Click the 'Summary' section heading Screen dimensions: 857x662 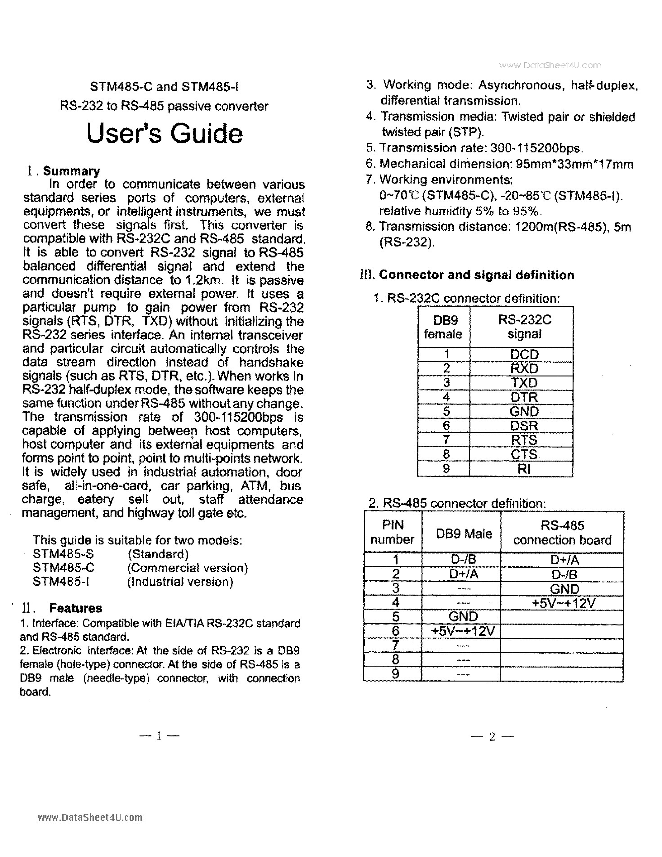point(71,171)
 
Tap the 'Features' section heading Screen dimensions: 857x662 point(75,608)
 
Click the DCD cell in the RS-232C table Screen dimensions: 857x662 point(524,354)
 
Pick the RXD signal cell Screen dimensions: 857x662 point(524,368)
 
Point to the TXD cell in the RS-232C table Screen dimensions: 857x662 point(524,383)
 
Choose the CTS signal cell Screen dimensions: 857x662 point(524,454)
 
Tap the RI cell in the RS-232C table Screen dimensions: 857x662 point(524,468)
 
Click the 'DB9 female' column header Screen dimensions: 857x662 point(444,327)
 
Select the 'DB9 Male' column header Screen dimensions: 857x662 point(464,534)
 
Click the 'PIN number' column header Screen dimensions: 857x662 point(393,532)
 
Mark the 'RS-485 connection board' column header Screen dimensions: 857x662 point(562,533)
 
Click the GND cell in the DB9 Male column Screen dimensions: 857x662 point(463,616)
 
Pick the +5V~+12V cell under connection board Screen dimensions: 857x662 point(563,603)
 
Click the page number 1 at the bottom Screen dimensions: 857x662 point(159,736)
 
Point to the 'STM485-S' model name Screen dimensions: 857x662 point(63,554)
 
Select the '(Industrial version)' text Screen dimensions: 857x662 point(180,582)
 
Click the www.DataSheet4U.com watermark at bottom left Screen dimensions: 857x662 point(90,817)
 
